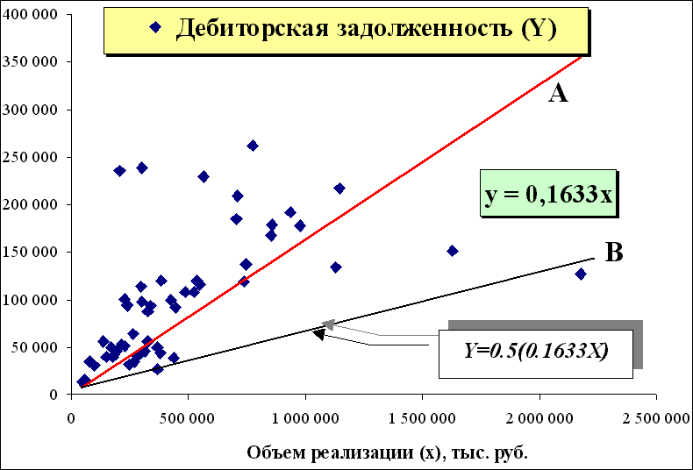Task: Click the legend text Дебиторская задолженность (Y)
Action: (x=367, y=28)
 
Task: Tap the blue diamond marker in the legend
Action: (x=155, y=27)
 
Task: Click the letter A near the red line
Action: (x=558, y=93)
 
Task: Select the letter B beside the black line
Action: (x=614, y=253)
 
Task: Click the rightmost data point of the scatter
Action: (x=581, y=274)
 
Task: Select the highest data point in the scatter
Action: (x=253, y=146)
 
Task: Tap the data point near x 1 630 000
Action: (x=453, y=251)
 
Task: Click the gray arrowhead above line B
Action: (x=328, y=324)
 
